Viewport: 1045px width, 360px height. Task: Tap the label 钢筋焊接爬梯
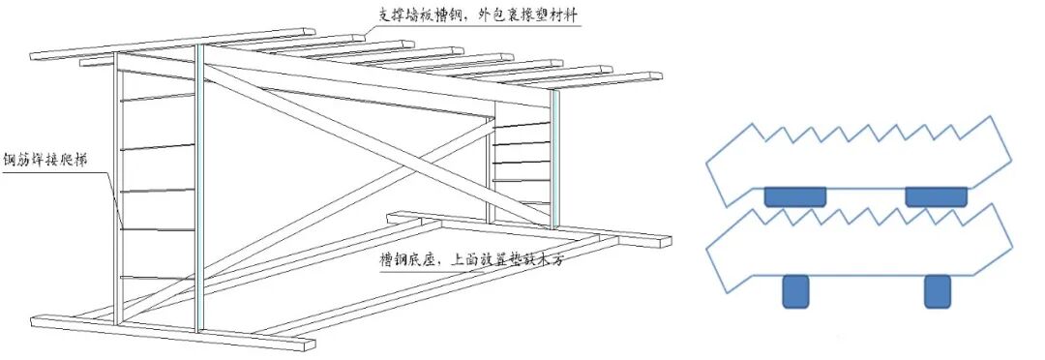point(46,161)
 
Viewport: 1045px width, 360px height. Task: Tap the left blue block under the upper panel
point(795,196)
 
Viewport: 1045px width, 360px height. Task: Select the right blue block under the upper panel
point(937,196)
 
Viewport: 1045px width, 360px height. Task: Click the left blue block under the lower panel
point(795,291)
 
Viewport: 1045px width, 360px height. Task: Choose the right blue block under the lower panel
point(937,291)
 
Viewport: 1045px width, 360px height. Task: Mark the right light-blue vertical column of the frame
point(554,159)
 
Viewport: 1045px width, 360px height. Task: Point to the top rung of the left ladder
point(158,98)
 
